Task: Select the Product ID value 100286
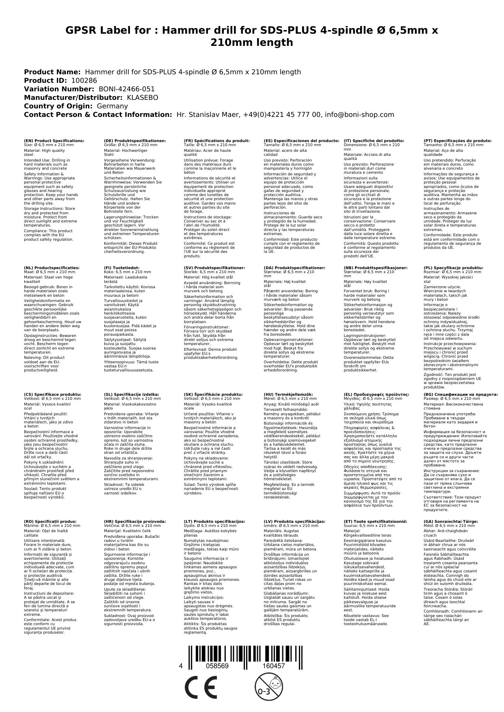84,80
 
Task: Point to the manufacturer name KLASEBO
143,97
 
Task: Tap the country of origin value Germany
112,106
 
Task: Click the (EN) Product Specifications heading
54,140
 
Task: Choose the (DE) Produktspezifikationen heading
135,140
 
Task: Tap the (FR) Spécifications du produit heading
216,140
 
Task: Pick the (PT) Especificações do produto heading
457,140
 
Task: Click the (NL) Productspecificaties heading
52,268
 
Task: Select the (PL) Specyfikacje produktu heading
453,268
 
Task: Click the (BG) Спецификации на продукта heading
461,394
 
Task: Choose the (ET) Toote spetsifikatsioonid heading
375,521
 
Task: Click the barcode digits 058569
217,666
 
